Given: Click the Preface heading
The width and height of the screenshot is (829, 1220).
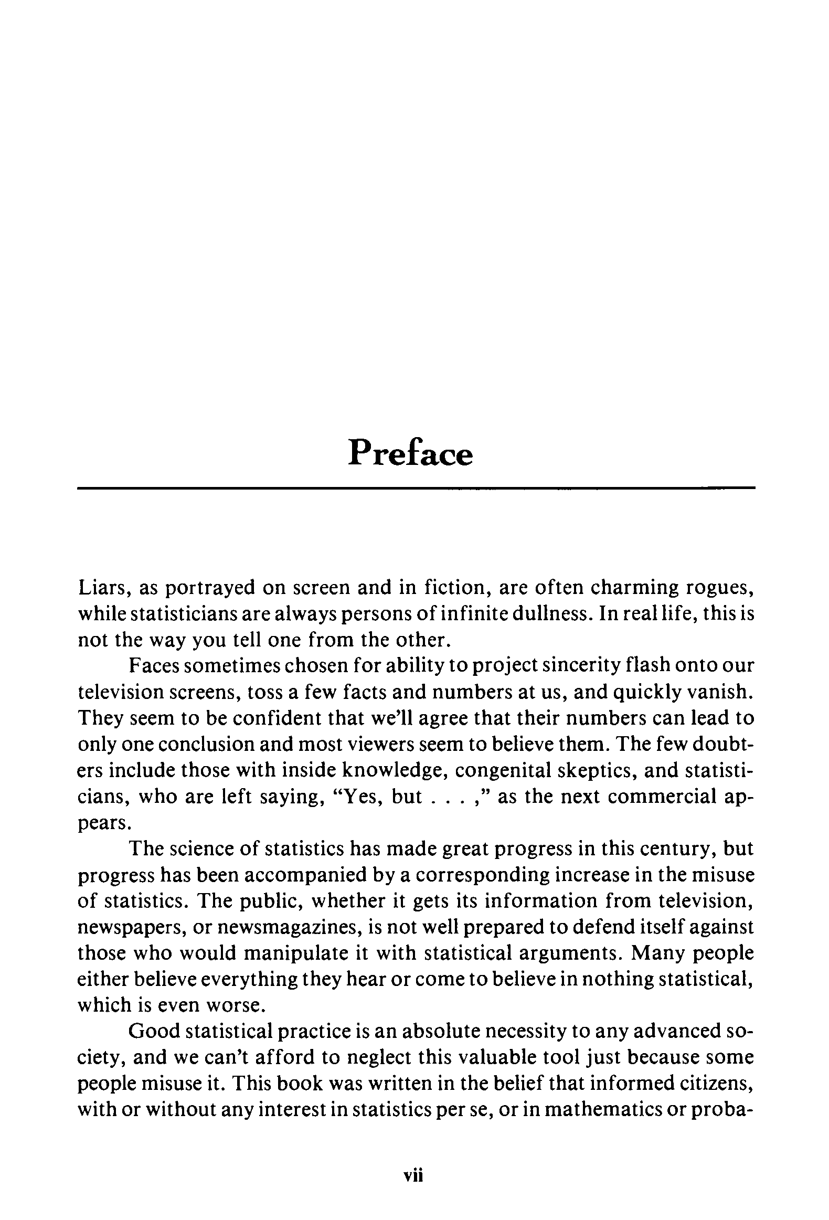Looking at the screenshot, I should (x=410, y=453).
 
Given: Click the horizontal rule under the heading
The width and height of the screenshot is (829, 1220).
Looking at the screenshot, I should (x=416, y=488).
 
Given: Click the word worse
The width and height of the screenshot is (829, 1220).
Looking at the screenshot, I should (x=232, y=1005).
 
